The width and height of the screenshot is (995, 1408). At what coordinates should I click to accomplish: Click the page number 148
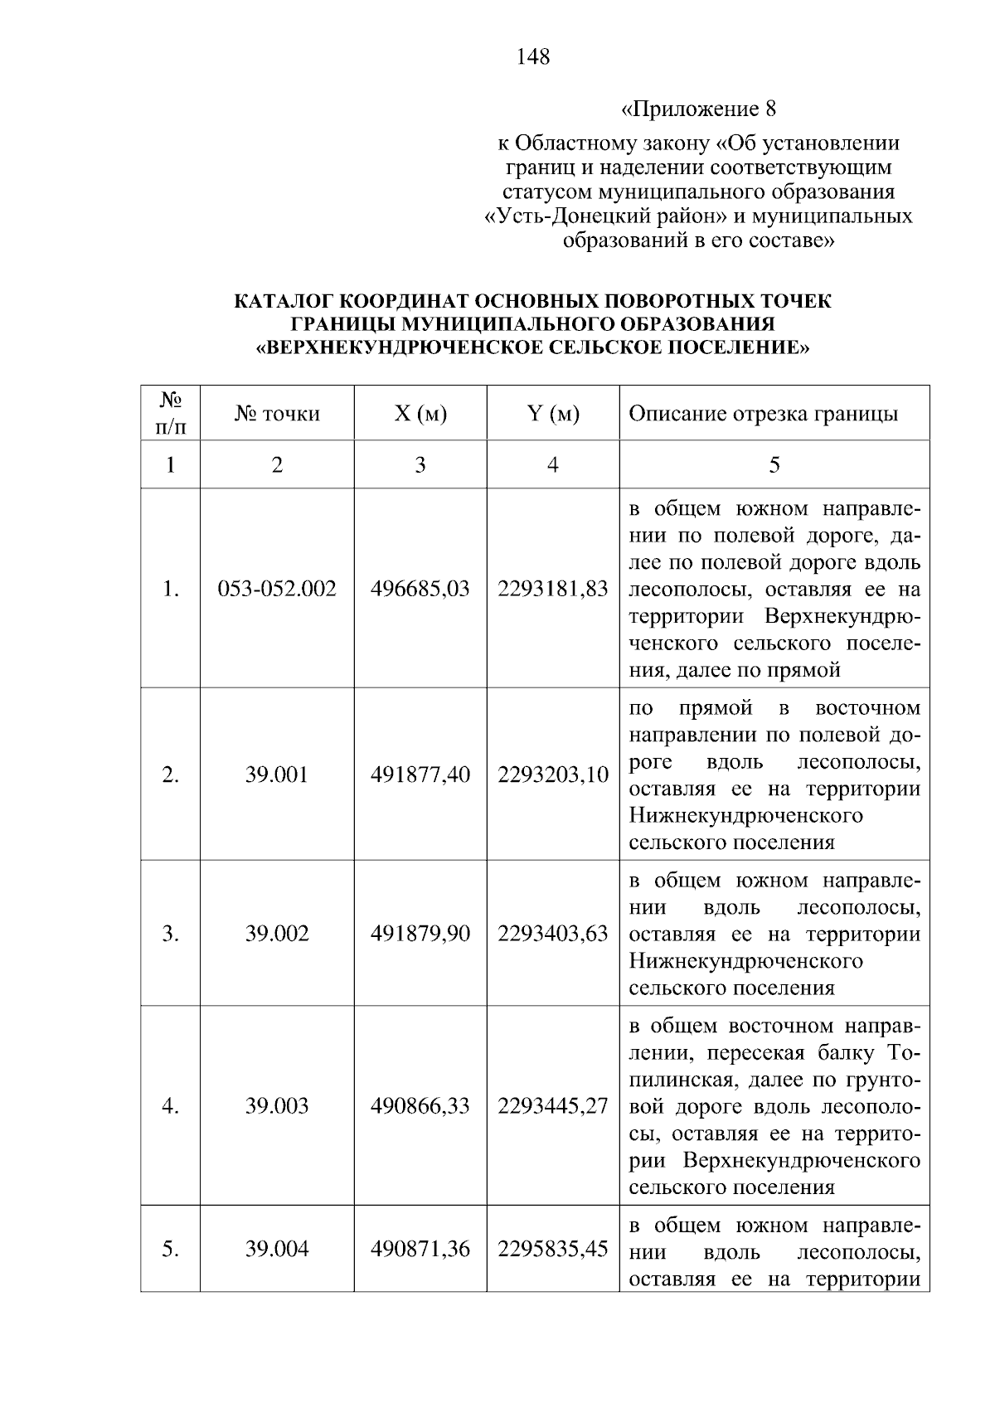point(532,57)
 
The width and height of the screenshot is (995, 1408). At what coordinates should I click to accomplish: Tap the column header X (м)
point(420,414)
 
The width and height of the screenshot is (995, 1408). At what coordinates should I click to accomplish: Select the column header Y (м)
point(552,414)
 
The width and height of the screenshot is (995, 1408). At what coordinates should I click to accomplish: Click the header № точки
point(277,414)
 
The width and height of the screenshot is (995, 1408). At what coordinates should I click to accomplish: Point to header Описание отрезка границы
point(763,414)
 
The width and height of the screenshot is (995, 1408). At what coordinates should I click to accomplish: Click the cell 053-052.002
point(277,590)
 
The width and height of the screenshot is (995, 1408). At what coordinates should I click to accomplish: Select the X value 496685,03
point(420,590)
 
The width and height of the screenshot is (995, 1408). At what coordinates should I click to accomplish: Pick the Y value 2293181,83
point(552,590)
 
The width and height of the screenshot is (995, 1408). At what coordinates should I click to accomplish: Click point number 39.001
point(277,775)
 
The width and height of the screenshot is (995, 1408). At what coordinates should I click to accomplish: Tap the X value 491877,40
point(420,775)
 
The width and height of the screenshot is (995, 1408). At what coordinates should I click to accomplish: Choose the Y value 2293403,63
point(552,935)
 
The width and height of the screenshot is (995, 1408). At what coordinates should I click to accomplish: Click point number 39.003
point(277,1106)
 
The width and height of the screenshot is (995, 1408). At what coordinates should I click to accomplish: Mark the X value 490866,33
point(420,1106)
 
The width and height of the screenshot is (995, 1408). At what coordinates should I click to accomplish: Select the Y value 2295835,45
point(552,1249)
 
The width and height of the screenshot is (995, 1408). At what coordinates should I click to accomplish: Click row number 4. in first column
point(170,1106)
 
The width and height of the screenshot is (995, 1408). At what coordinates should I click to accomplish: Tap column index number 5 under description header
point(774,464)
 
